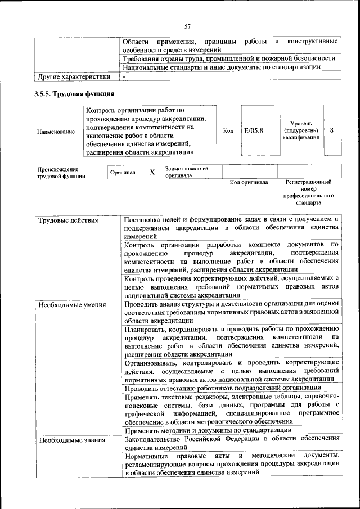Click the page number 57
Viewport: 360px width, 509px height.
[188, 26]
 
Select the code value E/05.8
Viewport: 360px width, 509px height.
[254, 130]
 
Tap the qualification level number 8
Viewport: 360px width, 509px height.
[332, 130]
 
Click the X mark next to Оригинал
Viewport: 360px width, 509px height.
[152, 172]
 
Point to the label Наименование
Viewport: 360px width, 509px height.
[56, 132]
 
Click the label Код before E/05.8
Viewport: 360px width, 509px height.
[228, 130]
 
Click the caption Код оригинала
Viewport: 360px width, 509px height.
[249, 183]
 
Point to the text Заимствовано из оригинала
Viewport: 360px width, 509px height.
[186, 172]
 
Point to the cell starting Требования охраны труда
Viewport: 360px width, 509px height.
[229, 58]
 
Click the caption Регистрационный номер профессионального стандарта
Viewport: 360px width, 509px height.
[308, 192]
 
